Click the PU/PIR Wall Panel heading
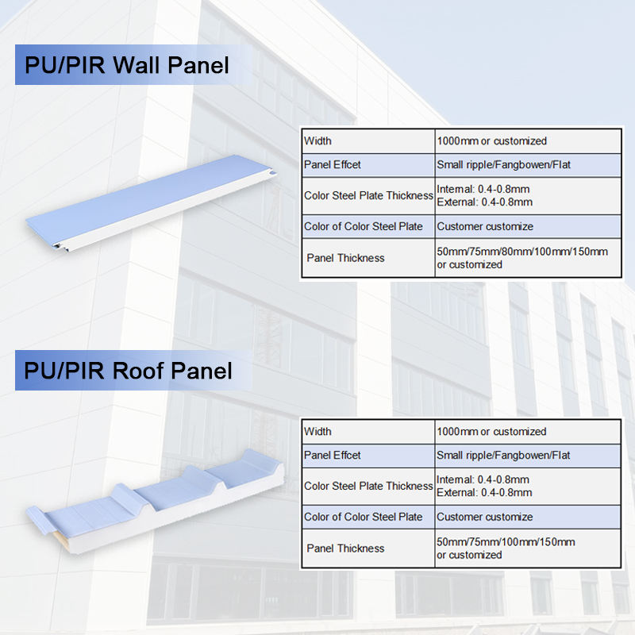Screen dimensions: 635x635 pyautogui.click(x=127, y=64)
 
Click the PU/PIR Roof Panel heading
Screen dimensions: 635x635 pyautogui.click(x=128, y=371)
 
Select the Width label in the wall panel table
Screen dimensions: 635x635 pyautogui.click(x=317, y=141)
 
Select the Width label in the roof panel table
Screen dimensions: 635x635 pyautogui.click(x=317, y=432)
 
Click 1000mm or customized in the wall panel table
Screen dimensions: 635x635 pyautogui.click(x=491, y=141)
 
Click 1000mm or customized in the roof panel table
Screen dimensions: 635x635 pyautogui.click(x=491, y=432)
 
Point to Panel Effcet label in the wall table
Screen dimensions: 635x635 pyautogui.click(x=332, y=165)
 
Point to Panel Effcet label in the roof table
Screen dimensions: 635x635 pyautogui.click(x=332, y=456)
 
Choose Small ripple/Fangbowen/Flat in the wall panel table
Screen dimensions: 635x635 pyautogui.click(x=503, y=165)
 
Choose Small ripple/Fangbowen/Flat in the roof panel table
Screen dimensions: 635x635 pyautogui.click(x=503, y=456)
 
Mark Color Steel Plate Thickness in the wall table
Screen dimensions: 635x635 pyautogui.click(x=368, y=196)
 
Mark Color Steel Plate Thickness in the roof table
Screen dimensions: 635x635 pyautogui.click(x=368, y=487)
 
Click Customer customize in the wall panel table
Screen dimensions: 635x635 pyautogui.click(x=485, y=227)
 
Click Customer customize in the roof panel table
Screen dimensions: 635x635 pyautogui.click(x=485, y=518)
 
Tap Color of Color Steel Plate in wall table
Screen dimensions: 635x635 pyautogui.click(x=364, y=227)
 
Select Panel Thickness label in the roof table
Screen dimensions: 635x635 pyautogui.click(x=345, y=548)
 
